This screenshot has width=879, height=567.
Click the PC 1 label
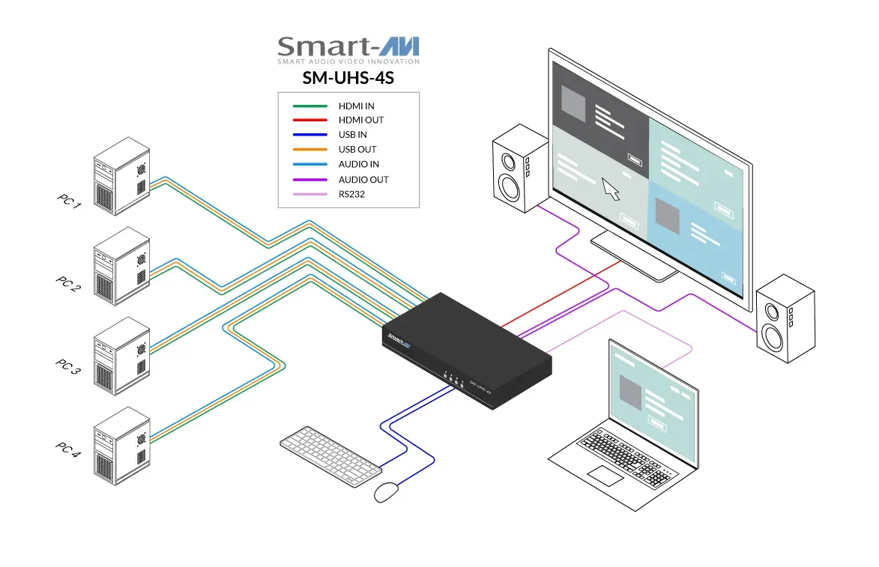(69, 200)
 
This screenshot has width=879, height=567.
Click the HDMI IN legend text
(356, 106)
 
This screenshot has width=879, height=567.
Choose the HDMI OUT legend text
(360, 120)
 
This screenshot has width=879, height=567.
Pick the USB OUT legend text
(357, 150)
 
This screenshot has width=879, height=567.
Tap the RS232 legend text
(353, 194)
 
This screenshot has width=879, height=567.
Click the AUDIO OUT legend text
(363, 180)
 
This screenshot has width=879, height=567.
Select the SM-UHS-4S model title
(348, 77)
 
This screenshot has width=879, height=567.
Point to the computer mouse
(386, 492)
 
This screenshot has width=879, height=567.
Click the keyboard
(330, 450)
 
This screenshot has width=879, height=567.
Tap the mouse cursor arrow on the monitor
(611, 189)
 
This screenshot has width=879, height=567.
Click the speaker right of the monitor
(784, 318)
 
